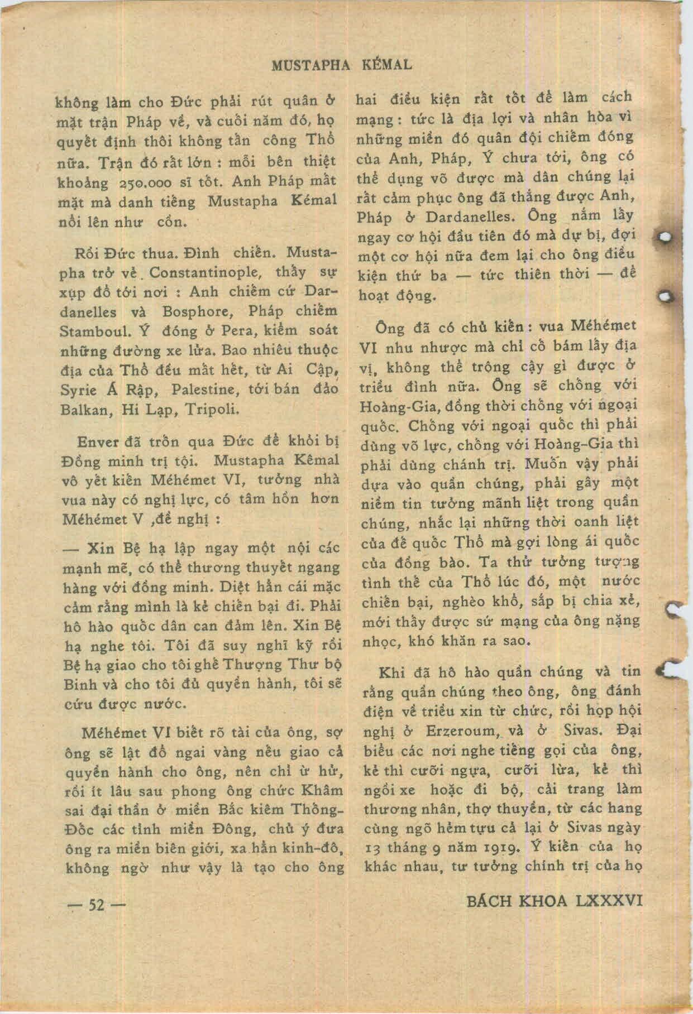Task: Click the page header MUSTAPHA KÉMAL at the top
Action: (x=342, y=65)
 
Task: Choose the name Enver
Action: (x=99, y=442)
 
